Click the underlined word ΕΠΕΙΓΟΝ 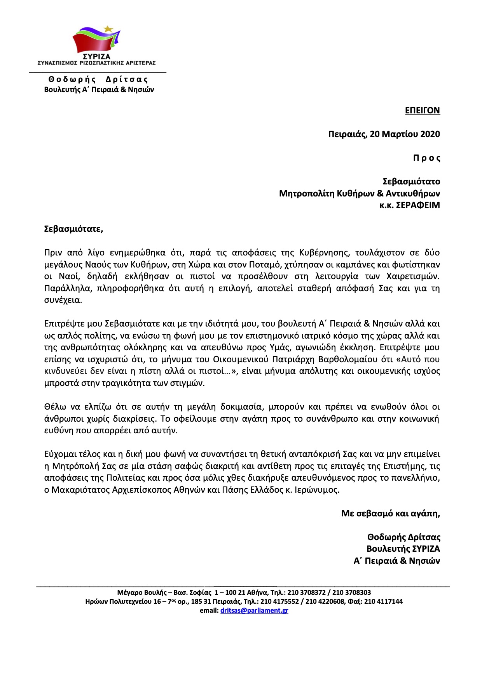pos(422,111)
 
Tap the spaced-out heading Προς pos(426,158)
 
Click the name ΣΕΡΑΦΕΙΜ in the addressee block pos(418,205)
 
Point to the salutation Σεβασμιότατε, pos(73,229)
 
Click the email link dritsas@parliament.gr pos(254,610)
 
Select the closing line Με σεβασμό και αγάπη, pos(390,514)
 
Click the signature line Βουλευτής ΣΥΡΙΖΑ pos(403,549)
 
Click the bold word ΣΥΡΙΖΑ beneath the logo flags pos(96,57)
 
